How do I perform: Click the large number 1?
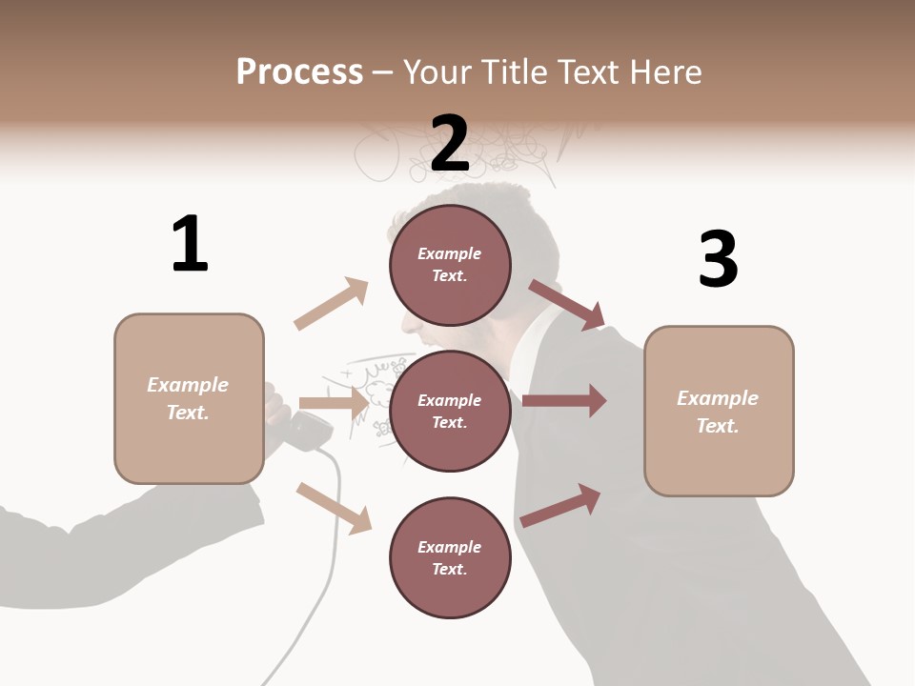coord(190,244)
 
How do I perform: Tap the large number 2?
coord(450,144)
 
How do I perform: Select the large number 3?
coord(718,259)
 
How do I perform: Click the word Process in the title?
coord(299,71)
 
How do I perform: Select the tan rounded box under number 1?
coord(189,398)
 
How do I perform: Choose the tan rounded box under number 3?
coord(719,411)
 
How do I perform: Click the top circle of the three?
coord(450,265)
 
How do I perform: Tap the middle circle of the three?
coord(450,411)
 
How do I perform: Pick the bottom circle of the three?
coord(450,557)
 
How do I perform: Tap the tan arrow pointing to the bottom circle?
coord(335,508)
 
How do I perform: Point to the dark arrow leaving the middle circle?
coord(564,401)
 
